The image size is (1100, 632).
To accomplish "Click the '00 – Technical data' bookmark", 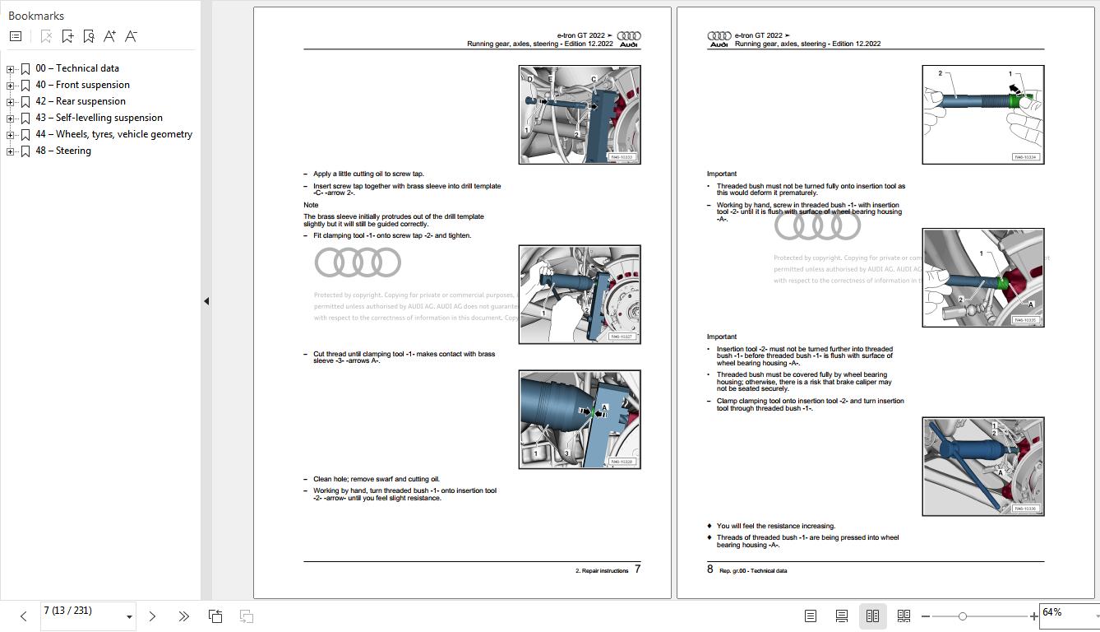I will [76, 68].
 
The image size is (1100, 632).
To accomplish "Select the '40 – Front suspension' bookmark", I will [82, 85].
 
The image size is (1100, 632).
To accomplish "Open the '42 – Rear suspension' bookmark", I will [81, 101].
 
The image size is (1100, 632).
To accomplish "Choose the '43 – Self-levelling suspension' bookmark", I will [99, 118].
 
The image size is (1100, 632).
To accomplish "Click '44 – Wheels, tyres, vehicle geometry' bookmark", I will [113, 134].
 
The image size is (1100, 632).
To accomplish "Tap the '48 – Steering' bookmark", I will [63, 151].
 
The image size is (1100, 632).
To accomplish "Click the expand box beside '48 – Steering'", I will [11, 151].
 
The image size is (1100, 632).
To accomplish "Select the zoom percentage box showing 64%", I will [1065, 613].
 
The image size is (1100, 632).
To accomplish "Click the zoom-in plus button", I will [1033, 616].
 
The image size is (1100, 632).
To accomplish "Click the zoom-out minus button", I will [926, 616].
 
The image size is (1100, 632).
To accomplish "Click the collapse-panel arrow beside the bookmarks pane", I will [206, 301].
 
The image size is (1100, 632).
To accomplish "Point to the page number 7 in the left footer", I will [637, 569].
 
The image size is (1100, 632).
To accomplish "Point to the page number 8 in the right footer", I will [710, 569].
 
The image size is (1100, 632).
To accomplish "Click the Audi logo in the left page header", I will [629, 39].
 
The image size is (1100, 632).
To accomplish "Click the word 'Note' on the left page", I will [311, 205].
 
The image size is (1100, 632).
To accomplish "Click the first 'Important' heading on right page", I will [722, 174].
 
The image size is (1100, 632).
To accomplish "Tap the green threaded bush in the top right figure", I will [1022, 100].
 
